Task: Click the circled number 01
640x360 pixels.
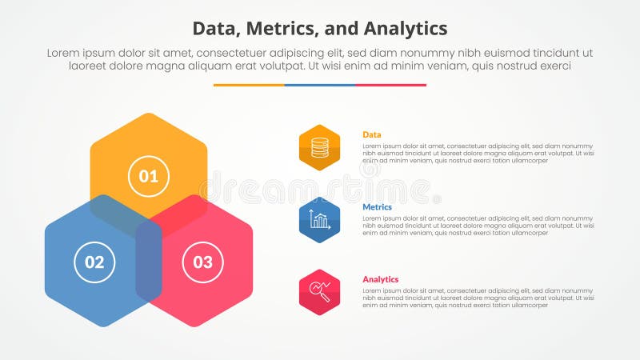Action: (149, 177)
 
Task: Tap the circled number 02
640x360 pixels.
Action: (94, 262)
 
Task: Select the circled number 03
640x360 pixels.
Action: (202, 262)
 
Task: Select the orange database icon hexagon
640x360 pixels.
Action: (319, 147)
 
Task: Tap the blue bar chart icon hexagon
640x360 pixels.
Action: (319, 220)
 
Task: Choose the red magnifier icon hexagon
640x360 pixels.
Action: (319, 292)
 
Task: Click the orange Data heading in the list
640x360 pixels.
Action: (371, 134)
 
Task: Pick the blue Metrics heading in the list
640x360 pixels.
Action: (377, 207)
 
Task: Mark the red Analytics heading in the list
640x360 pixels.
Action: (381, 279)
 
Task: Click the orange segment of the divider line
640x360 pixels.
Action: (249, 85)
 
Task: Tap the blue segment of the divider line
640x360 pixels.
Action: (320, 85)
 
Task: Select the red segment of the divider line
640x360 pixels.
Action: (390, 85)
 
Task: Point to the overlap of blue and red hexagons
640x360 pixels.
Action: (149, 260)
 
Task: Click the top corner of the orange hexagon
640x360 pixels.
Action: (149, 114)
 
